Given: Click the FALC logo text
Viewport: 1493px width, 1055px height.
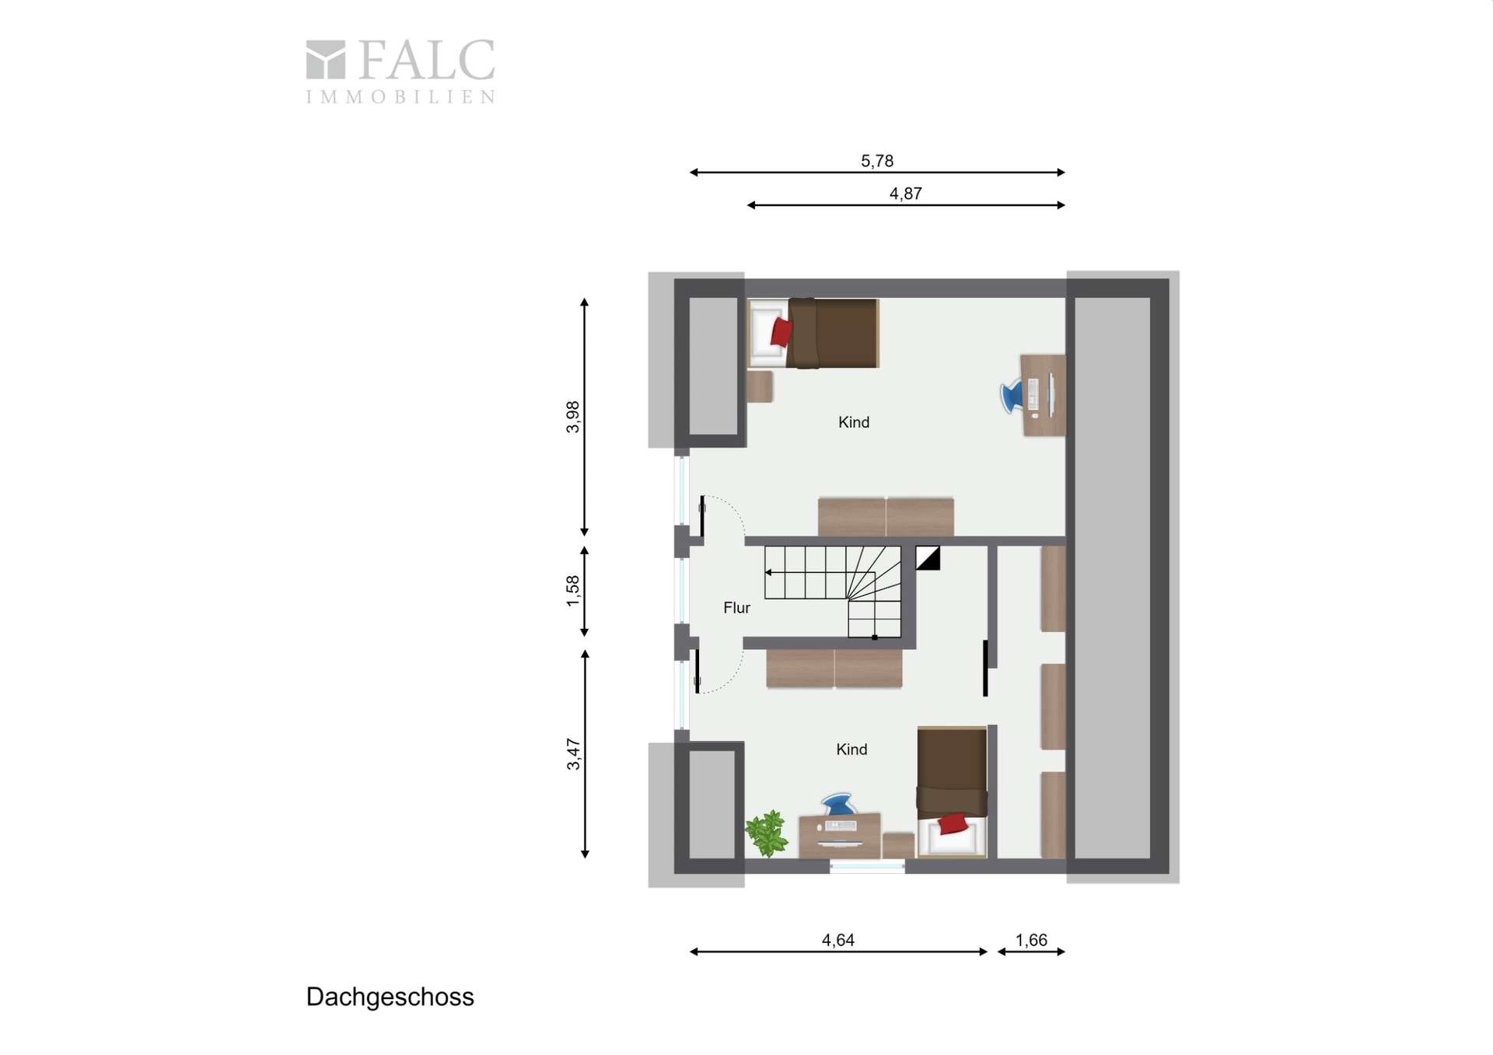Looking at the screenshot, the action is (426, 61).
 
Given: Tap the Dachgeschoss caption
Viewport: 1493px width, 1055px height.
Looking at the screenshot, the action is (390, 997).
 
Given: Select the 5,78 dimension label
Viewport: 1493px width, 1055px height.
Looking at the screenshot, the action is (877, 161).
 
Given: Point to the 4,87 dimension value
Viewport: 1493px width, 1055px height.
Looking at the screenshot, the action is (906, 194).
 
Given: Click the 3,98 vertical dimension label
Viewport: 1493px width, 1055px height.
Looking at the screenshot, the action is (573, 417).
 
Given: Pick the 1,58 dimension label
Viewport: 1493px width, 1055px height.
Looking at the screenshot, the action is (573, 591).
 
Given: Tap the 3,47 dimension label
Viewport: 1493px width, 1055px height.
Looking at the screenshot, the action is (573, 754).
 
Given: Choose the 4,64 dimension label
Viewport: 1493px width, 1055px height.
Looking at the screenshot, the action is (838, 940).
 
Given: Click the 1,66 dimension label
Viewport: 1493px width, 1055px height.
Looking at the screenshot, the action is (1032, 940).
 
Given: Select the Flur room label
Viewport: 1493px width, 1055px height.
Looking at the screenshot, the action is (736, 608).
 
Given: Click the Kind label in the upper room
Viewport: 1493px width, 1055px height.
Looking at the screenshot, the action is (854, 422).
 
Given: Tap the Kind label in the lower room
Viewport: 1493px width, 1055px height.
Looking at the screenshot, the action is (851, 749).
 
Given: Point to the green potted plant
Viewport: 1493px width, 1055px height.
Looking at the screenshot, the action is (767, 833).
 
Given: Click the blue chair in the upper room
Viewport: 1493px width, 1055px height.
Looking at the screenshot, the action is (1012, 395).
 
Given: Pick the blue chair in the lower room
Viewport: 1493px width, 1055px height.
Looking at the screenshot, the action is (837, 804).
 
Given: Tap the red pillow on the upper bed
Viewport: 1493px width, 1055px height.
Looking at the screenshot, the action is (781, 332).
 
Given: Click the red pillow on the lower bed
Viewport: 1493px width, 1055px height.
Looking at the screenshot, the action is (953, 823).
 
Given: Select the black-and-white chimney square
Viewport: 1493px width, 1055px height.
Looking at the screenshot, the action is (928, 558).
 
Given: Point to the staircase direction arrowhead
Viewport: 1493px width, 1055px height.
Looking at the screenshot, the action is (768, 573).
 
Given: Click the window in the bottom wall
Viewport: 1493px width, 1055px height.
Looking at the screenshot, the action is (867, 865).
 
